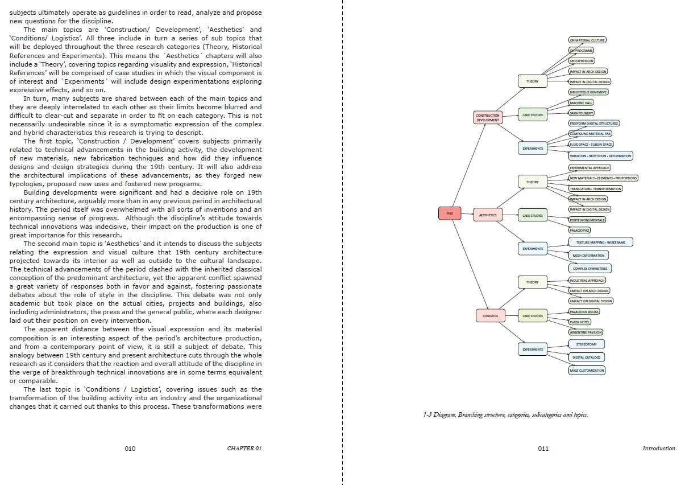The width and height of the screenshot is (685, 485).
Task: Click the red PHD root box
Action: (450, 213)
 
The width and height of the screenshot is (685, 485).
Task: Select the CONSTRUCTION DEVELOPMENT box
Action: (487, 118)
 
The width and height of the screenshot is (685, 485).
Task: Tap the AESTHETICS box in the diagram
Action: (488, 215)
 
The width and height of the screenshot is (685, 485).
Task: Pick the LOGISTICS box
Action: (490, 315)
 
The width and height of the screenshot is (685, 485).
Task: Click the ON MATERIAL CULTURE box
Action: (587, 40)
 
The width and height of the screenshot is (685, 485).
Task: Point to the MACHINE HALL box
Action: (582, 102)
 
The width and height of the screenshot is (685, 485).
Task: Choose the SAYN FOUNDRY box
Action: (582, 113)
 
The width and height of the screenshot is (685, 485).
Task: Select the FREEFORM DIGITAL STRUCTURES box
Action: (594, 123)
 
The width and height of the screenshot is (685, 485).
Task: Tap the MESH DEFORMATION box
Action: (588, 256)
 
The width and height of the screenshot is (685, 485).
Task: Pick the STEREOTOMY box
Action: (586, 344)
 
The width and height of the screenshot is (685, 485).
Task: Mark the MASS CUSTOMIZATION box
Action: (587, 371)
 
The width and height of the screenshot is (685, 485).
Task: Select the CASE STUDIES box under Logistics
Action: (533, 316)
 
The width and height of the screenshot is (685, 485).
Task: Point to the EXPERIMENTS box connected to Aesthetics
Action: (533, 249)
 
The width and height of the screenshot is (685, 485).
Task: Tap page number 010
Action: (130, 449)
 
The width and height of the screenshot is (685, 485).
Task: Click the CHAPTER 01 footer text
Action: (244, 449)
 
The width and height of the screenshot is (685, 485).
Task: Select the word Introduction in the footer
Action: (659, 449)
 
